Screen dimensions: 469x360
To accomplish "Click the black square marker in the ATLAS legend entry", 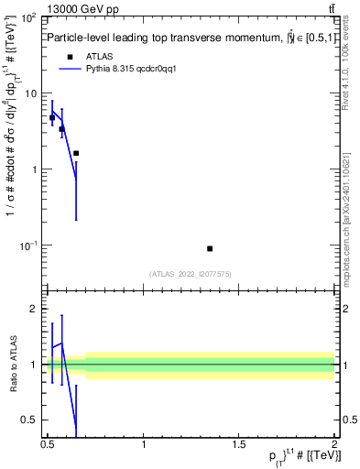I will (70, 56).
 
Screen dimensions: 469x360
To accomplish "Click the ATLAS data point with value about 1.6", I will (76, 153).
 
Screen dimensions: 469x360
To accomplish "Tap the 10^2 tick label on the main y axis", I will (29, 18).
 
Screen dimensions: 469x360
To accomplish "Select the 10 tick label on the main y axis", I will (32, 93).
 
